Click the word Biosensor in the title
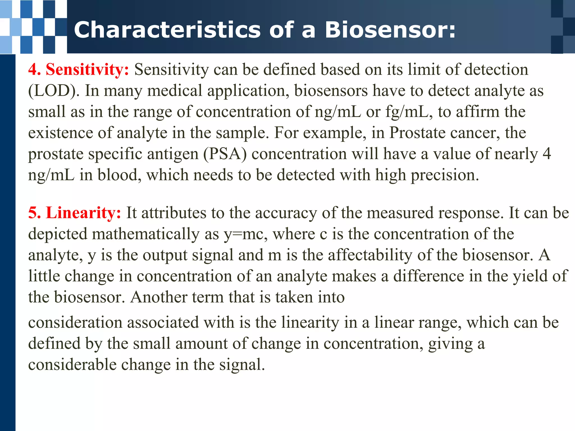click(x=390, y=30)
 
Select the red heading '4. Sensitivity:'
click(x=79, y=70)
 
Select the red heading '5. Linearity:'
click(x=75, y=213)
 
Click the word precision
click(x=445, y=175)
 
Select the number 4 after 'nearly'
click(x=547, y=154)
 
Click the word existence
click(x=60, y=133)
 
